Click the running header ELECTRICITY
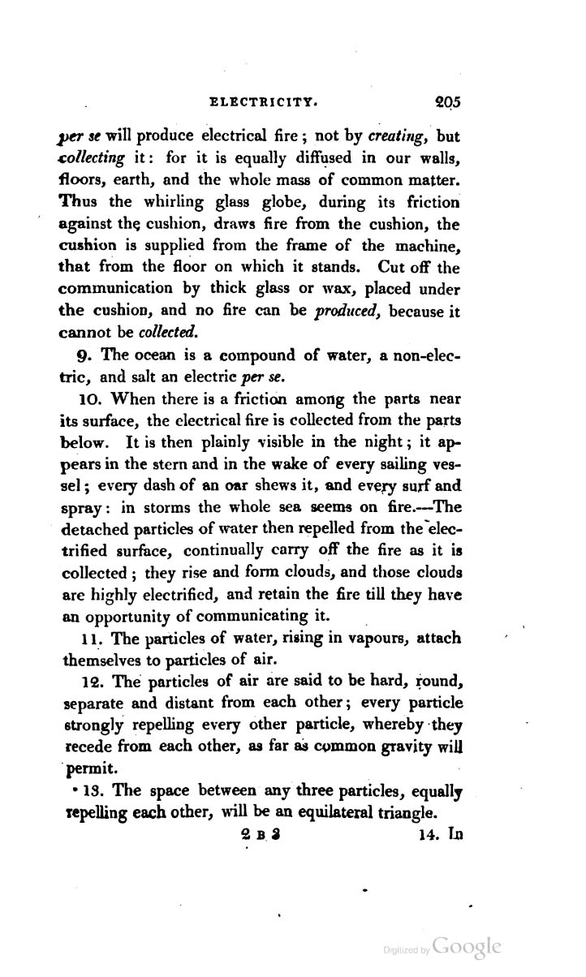pos(262,103)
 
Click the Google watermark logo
pos(468,947)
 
